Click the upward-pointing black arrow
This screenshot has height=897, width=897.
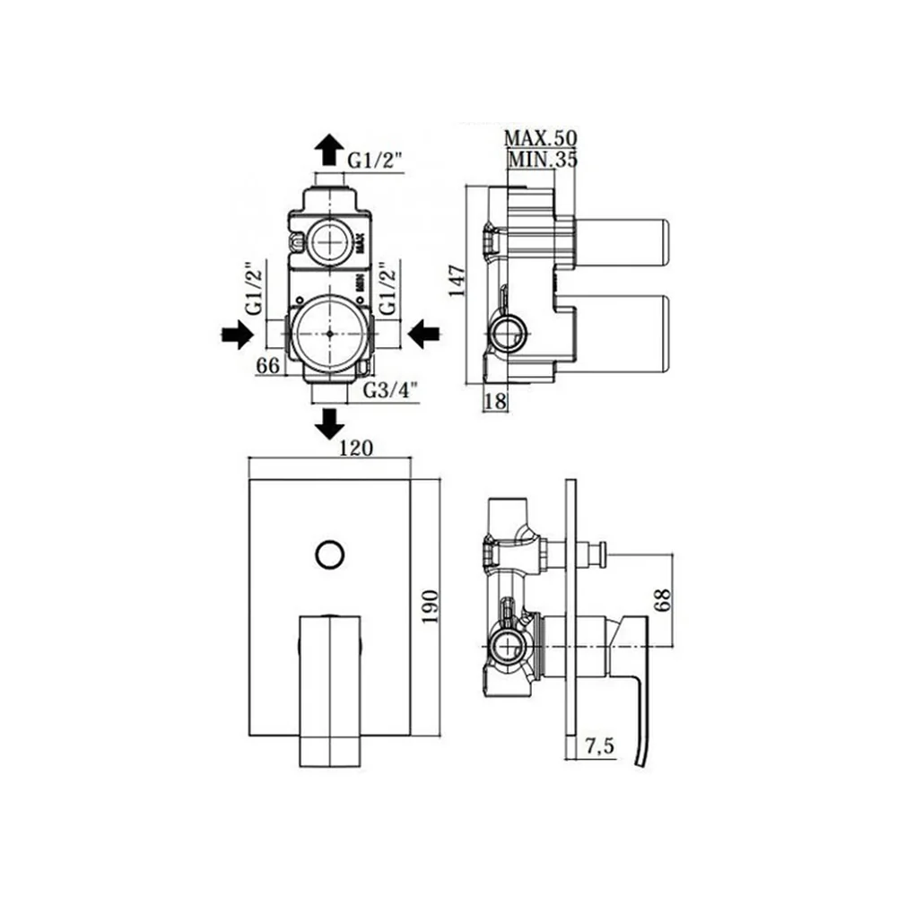(x=329, y=150)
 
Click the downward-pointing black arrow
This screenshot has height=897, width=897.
(x=329, y=423)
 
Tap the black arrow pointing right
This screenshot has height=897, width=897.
(x=238, y=334)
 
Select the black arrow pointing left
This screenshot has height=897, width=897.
(x=423, y=334)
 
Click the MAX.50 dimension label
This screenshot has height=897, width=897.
(x=541, y=138)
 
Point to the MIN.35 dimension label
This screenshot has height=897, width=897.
(x=543, y=159)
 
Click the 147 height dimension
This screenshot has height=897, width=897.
(x=457, y=280)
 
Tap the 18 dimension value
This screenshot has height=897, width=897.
(x=495, y=401)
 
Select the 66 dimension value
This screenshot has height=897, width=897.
(x=267, y=365)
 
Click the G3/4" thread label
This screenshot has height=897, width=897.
(x=391, y=391)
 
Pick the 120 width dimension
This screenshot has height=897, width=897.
(x=356, y=448)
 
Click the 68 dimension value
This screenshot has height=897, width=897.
(x=663, y=600)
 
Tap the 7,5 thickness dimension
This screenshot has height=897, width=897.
(x=599, y=746)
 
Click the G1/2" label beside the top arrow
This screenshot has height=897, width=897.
(x=376, y=161)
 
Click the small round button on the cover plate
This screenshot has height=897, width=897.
(x=330, y=553)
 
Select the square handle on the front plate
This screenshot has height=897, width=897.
(x=330, y=691)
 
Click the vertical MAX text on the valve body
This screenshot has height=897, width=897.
(x=361, y=243)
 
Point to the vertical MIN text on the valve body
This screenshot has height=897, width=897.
(x=361, y=283)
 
